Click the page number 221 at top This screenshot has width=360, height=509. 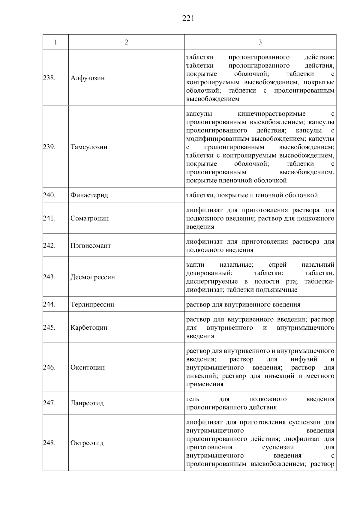tap(188, 19)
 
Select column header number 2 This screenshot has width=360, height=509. tap(126, 42)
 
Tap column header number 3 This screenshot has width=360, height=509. tap(260, 42)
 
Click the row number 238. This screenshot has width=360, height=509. tap(49, 78)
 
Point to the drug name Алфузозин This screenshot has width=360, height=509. tap(88, 78)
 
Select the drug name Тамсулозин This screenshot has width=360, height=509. tap(89, 147)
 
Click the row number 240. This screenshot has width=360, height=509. tap(49, 195)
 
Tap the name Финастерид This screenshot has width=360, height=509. tap(89, 195)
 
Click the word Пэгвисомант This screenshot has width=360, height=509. tap(91, 246)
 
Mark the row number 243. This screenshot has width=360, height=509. tap(49, 277)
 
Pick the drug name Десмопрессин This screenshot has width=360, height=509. tap(93, 277)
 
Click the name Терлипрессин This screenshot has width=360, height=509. tap(92, 304)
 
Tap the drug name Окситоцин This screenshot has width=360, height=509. tap(88, 367)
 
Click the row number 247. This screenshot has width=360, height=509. tap(49, 403)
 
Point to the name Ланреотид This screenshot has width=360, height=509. tap(87, 403)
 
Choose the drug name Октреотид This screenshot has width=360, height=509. tap(87, 443)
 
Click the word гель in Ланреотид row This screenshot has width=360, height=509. tap(193, 399)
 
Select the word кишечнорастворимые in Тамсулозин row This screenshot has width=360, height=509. tap(271, 114)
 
